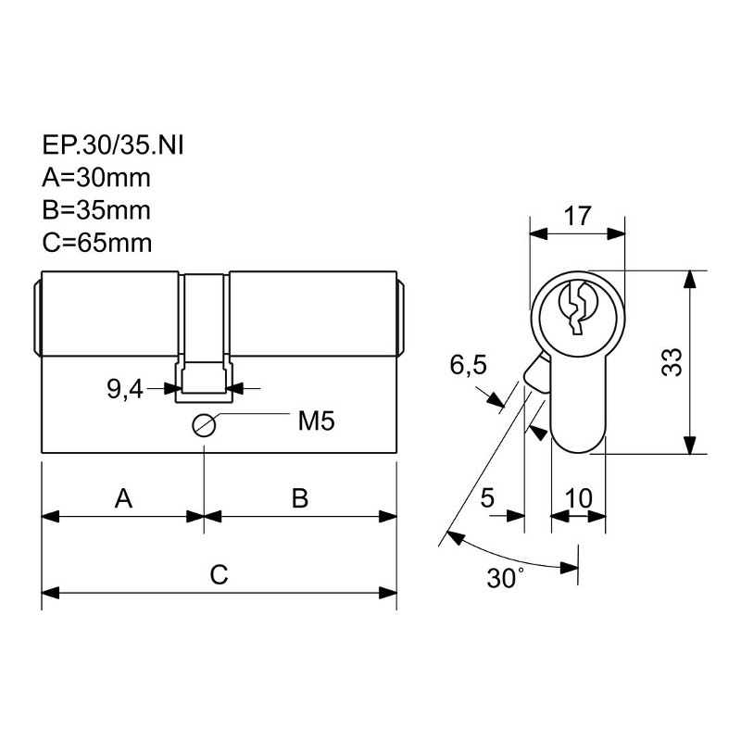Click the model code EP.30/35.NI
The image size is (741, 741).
(x=112, y=145)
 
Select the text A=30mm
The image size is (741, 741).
(x=96, y=178)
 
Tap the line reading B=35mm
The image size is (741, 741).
(x=96, y=210)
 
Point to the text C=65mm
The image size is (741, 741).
(x=97, y=243)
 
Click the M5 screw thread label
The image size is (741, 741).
(x=316, y=421)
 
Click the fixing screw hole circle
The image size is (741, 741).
(x=204, y=425)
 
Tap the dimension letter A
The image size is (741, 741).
(x=123, y=498)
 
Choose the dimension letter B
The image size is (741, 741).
(x=300, y=498)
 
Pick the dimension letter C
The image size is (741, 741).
(x=220, y=574)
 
